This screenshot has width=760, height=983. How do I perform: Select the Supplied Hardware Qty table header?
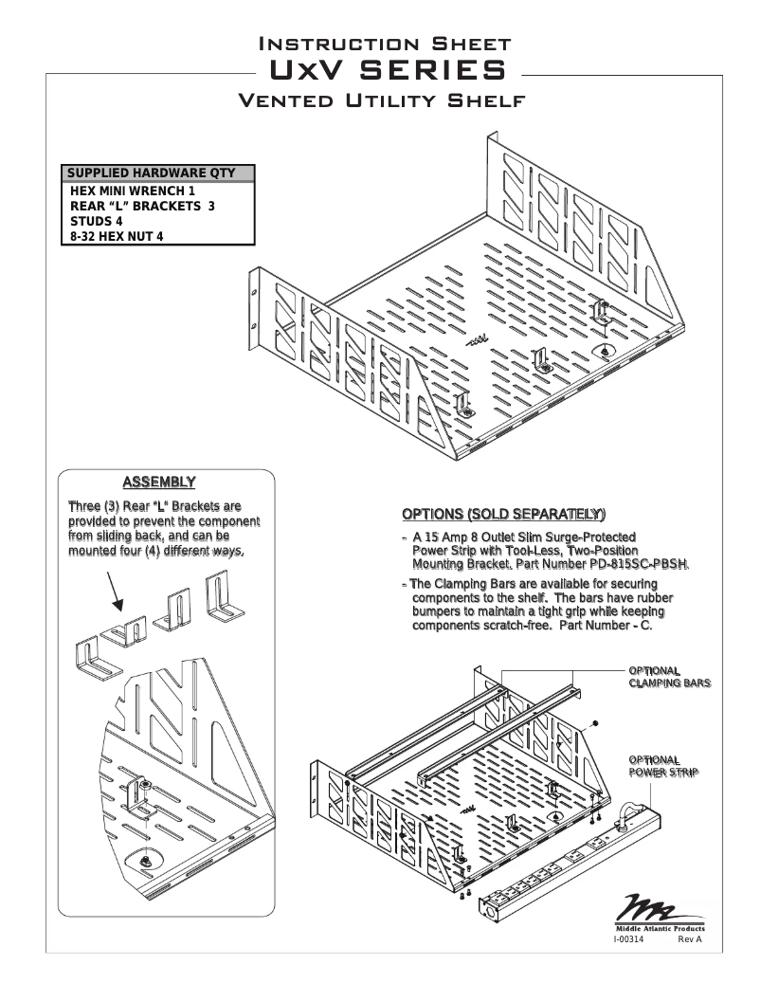159,174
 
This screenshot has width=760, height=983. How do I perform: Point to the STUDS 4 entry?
98,221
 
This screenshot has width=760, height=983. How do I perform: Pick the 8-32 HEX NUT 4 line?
118,236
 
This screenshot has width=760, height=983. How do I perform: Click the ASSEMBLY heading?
166,481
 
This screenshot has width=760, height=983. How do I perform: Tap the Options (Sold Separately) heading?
503,515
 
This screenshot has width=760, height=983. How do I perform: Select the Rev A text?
689,939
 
